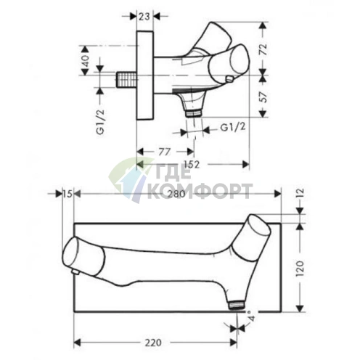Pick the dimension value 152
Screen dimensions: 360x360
191,164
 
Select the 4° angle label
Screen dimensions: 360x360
250,317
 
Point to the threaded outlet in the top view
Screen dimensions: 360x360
192,113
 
